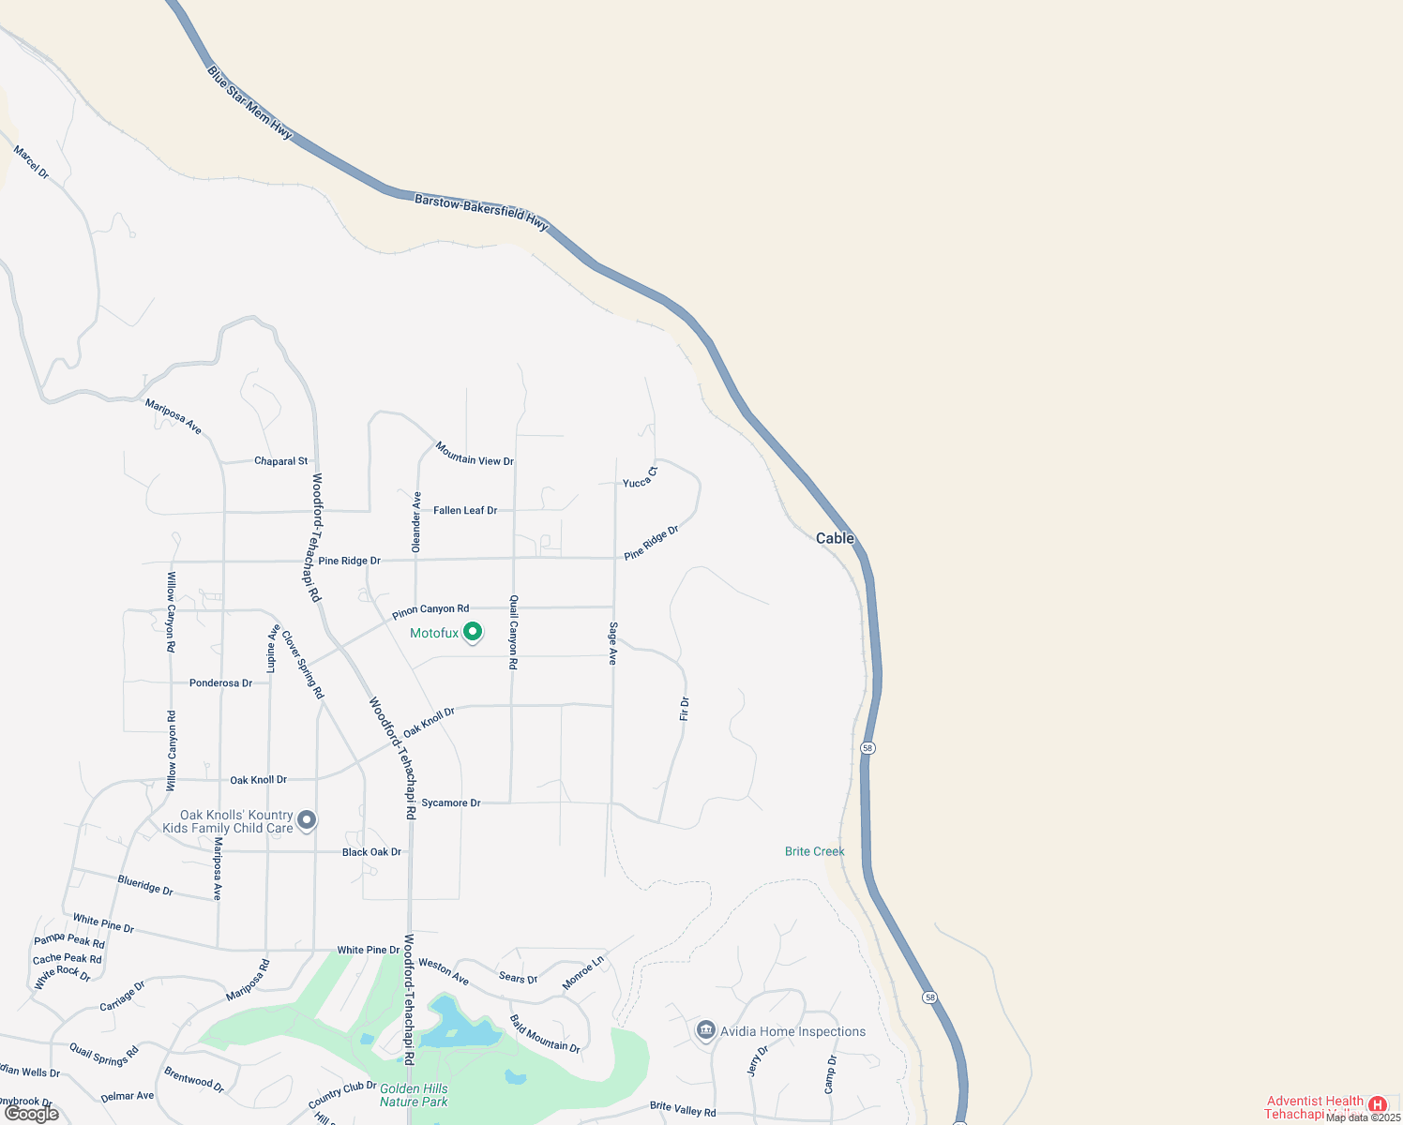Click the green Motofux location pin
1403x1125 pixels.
[474, 633]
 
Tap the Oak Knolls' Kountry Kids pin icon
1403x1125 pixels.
[306, 821]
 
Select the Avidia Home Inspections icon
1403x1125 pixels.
[705, 1030]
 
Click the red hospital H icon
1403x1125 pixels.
[1377, 1104]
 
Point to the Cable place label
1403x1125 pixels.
[835, 538]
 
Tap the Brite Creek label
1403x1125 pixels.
[814, 851]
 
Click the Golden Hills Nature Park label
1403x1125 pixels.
[414, 1095]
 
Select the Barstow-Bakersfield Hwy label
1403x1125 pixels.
[481, 213]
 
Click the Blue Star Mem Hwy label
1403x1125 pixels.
[249, 103]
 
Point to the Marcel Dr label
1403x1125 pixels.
[31, 161]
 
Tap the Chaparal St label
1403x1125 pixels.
[280, 461]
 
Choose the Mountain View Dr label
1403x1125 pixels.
[475, 455]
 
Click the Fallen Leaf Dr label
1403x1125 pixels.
[465, 510]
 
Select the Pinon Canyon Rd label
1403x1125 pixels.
[430, 611]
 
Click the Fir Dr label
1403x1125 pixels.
[685, 709]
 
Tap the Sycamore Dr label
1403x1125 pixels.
[450, 802]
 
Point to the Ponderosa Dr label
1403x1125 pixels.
[220, 683]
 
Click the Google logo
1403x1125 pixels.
[32, 1114]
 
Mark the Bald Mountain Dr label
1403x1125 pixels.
[545, 1033]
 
